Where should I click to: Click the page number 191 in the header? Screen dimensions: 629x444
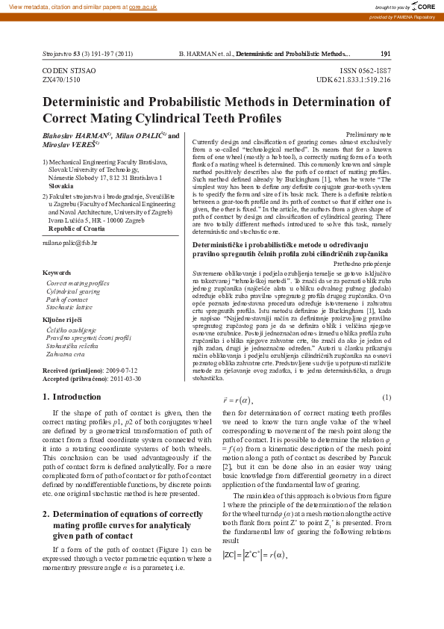385,55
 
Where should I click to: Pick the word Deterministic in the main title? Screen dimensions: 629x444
88,102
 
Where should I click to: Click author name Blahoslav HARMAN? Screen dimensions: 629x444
74,136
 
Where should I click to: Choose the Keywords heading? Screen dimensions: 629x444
57,273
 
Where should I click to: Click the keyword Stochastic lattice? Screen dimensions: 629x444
69,307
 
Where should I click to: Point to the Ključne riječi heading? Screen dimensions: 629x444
63,319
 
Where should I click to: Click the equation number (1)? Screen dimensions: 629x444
386,397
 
